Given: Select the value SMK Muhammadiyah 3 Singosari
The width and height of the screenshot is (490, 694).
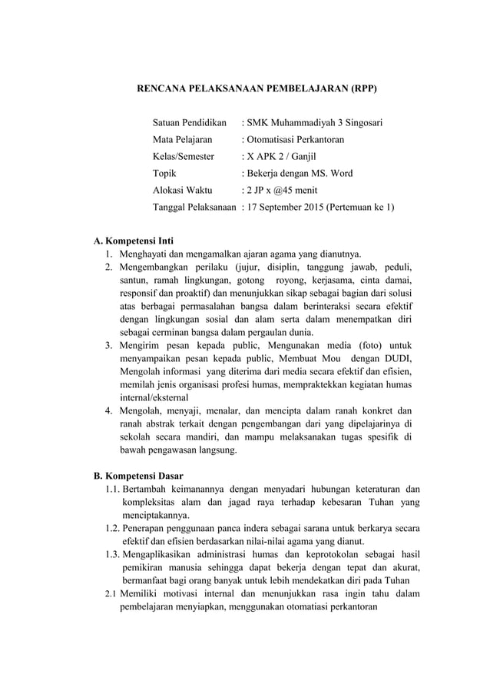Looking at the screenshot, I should [314, 123].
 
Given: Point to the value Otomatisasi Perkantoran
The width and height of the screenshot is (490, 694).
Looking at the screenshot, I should [296, 140].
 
